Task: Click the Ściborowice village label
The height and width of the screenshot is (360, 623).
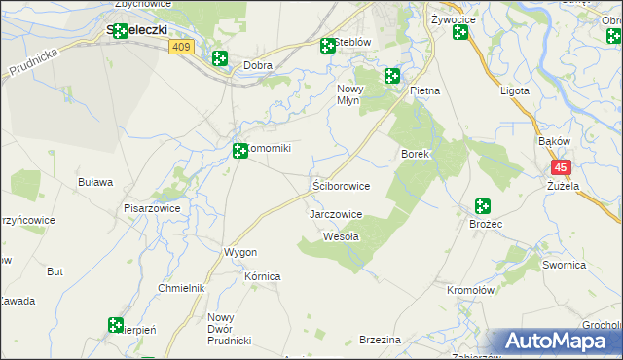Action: point(341,185)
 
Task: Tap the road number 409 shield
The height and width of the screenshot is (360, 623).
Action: point(180,46)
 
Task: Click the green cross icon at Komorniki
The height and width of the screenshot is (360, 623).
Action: point(240,150)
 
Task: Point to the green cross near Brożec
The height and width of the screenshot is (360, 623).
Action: point(482,206)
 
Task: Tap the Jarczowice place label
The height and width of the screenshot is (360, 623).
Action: point(336,214)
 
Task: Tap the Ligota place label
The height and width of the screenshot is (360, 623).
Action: point(513,90)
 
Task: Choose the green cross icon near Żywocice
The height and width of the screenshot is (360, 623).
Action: point(460,33)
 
